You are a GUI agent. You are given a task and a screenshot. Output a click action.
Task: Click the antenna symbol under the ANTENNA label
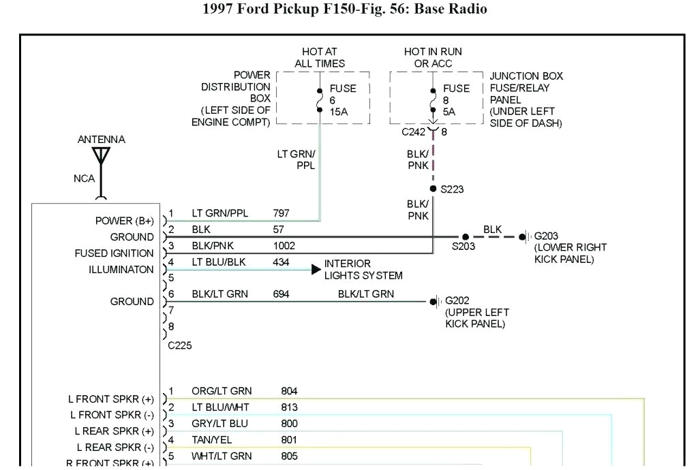(102, 156)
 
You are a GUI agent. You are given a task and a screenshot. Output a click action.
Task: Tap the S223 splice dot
(433, 189)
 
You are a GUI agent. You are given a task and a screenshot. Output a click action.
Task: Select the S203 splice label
(464, 247)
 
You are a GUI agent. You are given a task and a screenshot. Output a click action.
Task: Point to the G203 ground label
(546, 236)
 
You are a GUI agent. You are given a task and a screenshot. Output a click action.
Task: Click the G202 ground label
(457, 300)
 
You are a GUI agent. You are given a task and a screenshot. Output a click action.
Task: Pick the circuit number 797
(281, 213)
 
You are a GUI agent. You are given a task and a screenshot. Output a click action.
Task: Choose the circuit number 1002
(284, 245)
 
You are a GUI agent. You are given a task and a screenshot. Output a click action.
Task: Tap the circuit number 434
(281, 262)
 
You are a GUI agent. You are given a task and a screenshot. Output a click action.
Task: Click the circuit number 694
(281, 294)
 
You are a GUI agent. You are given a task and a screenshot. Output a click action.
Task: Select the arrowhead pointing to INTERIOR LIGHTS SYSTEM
(316, 270)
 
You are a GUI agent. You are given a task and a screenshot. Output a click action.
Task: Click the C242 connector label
(412, 132)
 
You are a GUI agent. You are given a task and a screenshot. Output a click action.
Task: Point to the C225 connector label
(180, 345)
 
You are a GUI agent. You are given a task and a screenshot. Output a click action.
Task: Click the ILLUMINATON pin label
(121, 270)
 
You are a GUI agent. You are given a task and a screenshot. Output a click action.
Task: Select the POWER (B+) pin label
(125, 221)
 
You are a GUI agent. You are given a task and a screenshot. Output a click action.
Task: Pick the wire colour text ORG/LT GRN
(222, 391)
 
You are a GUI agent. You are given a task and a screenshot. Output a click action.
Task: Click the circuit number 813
(289, 407)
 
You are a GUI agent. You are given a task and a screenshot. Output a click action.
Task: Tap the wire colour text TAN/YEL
(213, 440)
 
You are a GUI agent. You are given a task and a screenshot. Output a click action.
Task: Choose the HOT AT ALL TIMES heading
(320, 57)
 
